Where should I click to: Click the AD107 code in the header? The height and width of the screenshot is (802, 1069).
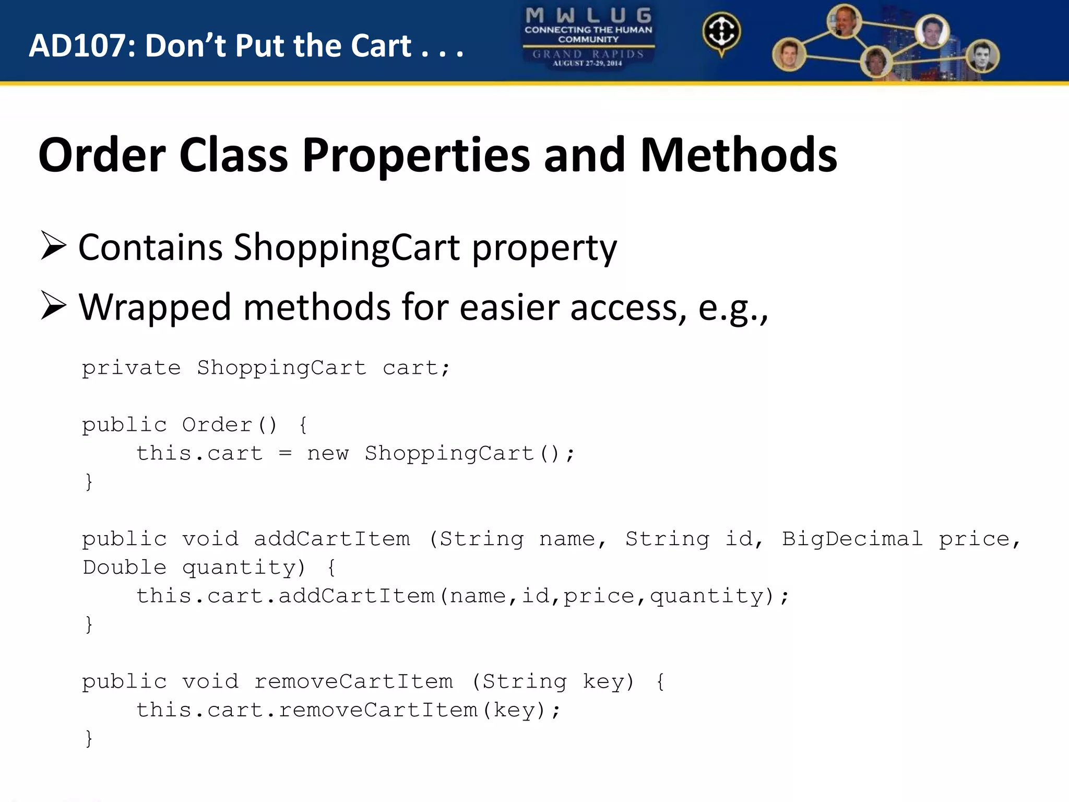77,46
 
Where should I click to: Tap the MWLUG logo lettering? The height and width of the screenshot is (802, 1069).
588,15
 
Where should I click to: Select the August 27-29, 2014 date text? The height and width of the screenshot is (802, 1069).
588,64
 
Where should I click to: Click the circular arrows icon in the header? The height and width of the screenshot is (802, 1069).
721,32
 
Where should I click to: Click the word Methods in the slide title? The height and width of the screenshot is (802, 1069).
739,155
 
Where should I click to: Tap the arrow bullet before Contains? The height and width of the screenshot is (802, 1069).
54,246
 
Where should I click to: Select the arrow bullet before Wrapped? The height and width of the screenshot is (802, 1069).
54,306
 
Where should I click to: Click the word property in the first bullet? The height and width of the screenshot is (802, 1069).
544,248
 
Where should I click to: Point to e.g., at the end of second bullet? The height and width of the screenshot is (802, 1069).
733,308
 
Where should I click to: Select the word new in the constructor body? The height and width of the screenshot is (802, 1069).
328,453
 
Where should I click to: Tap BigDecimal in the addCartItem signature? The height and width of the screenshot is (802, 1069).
852,539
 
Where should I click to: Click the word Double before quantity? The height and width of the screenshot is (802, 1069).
125,568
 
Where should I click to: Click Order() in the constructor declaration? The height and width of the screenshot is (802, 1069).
230,425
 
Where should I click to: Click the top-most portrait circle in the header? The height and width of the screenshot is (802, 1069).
844,20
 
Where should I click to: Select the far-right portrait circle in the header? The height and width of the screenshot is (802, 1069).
983,56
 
